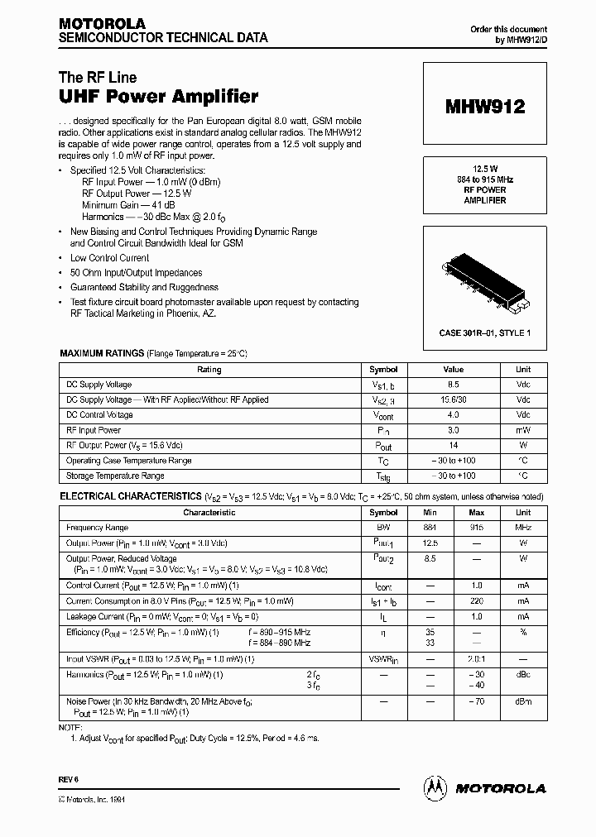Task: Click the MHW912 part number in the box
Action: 484,107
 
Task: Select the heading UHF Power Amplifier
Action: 160,97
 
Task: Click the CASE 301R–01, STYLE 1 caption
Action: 484,332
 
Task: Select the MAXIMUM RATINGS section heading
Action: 102,353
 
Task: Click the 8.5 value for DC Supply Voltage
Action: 453,385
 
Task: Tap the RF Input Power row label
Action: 94,430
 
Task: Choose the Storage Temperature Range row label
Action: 115,476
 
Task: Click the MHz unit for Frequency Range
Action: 523,527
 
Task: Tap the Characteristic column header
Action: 209,512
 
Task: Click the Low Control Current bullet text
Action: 110,258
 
